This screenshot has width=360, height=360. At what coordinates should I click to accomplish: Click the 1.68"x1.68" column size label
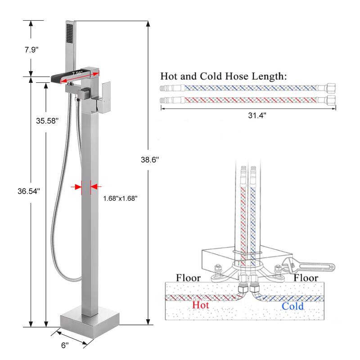tap(120, 198)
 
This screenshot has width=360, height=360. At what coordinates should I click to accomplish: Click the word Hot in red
tap(201, 305)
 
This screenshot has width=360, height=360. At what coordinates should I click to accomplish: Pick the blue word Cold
tap(292, 306)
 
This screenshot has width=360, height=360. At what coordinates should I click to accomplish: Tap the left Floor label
tap(188, 278)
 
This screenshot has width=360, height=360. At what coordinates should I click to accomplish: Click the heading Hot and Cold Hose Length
tap(223, 76)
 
